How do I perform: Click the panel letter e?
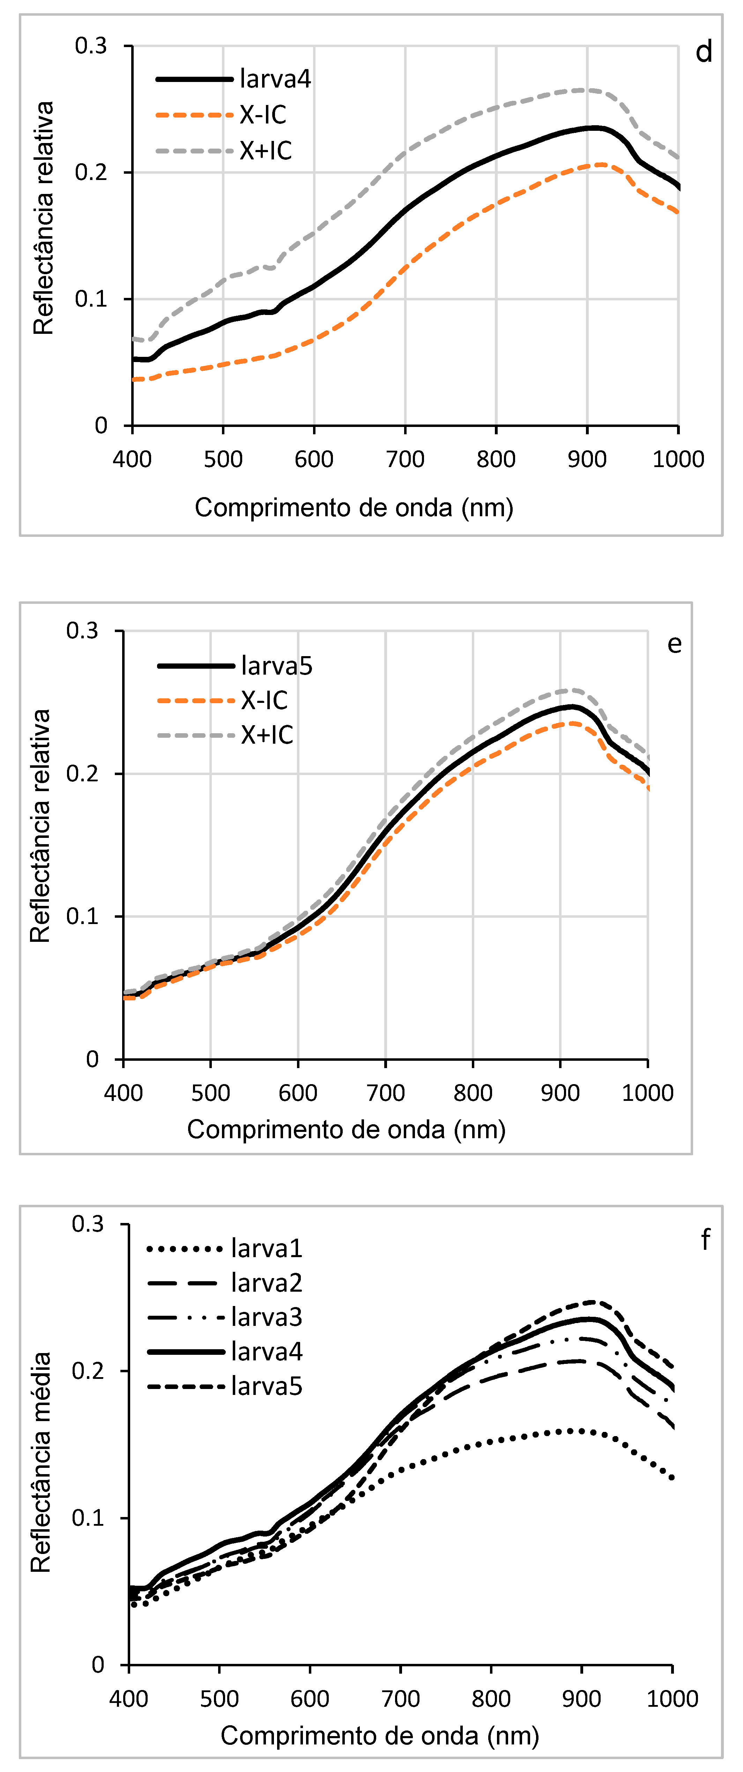pos(674,644)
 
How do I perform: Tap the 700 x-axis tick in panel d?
pos(405,459)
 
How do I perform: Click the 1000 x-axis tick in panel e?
pos(647,1093)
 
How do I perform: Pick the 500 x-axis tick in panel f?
pos(220,1698)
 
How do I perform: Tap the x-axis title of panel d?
pos(354,508)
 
